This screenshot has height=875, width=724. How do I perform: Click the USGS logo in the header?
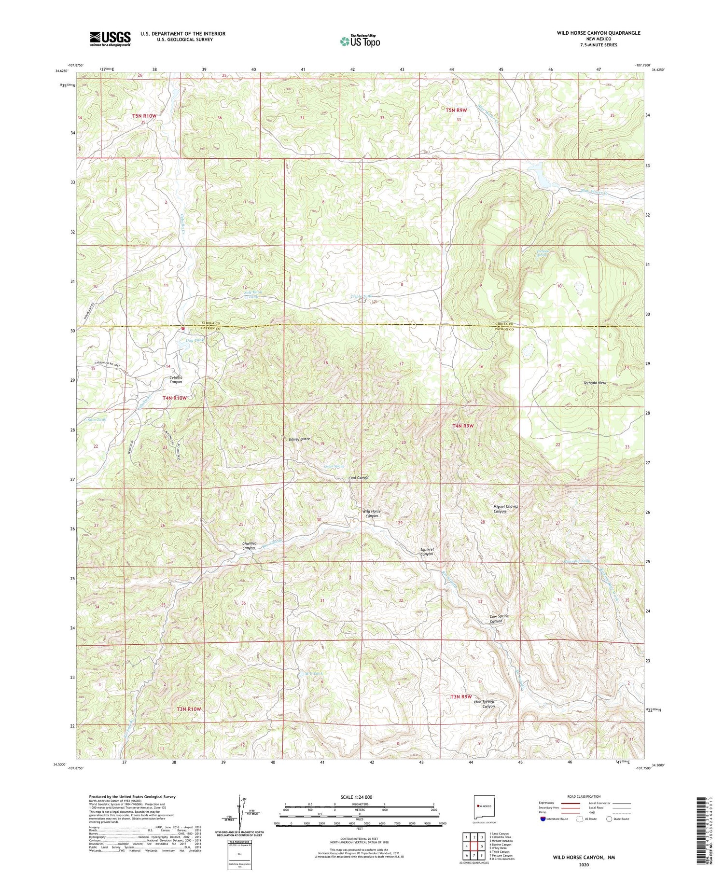[x=110, y=39]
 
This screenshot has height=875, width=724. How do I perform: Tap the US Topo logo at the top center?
[x=360, y=41]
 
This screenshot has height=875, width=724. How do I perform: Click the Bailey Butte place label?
[x=299, y=439]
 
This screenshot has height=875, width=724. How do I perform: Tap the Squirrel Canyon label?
[x=427, y=552]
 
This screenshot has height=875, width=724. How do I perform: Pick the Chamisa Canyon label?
[x=249, y=546]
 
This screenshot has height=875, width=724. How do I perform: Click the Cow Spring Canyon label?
[x=499, y=619]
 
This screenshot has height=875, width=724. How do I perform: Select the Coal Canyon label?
[x=359, y=477]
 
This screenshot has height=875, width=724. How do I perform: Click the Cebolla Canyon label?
[x=176, y=379]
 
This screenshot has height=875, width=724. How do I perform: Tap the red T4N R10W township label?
[x=174, y=398]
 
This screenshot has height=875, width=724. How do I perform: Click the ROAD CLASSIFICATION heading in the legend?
[x=584, y=796]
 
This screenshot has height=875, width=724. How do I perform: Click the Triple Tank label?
[x=361, y=296]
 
